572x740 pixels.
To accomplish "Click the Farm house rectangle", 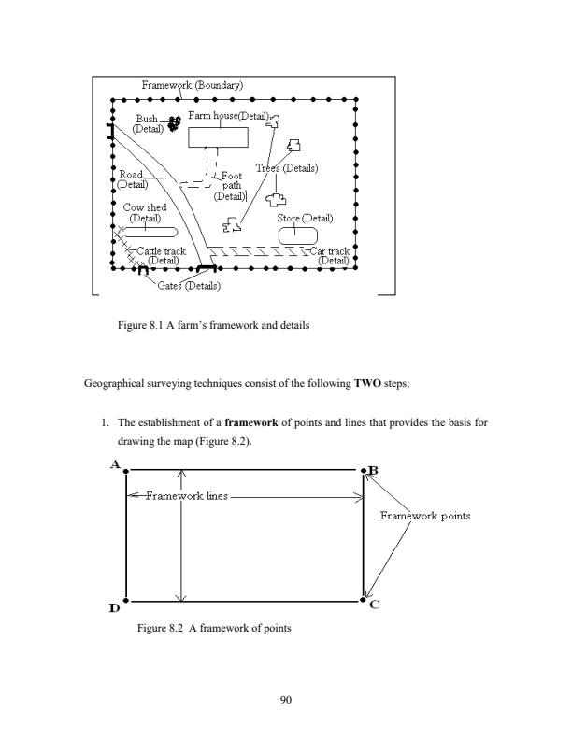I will coord(219,137).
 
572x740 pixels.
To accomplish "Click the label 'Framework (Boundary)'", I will coord(193,86).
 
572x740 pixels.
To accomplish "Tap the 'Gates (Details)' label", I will coord(190,285).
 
